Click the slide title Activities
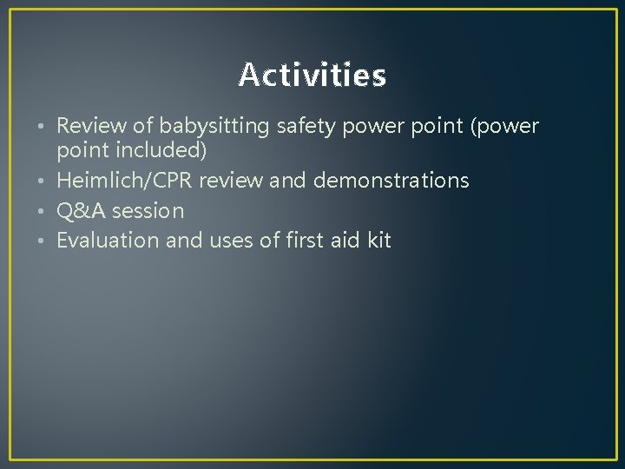point(312,76)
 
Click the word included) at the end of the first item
point(161,151)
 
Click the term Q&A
point(78,210)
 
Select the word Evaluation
point(108,241)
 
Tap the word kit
point(379,241)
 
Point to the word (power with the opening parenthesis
point(505,128)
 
